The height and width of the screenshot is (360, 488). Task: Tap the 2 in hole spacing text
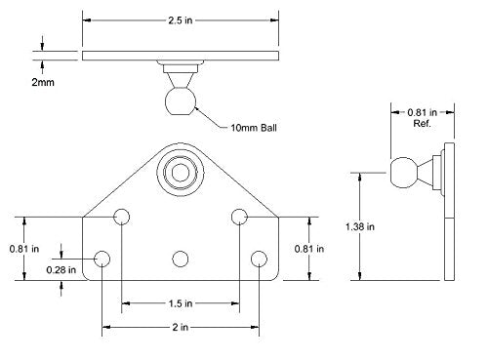click(x=181, y=327)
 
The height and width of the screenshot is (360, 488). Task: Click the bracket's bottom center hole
click(x=180, y=259)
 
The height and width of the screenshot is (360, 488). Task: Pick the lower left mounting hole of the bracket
click(x=102, y=259)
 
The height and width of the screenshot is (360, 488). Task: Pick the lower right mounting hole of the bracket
click(x=259, y=259)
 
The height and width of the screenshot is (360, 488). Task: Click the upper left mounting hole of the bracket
click(x=122, y=217)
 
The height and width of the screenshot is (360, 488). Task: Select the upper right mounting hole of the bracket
click(x=239, y=217)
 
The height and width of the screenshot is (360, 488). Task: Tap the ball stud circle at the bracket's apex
click(x=180, y=167)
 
